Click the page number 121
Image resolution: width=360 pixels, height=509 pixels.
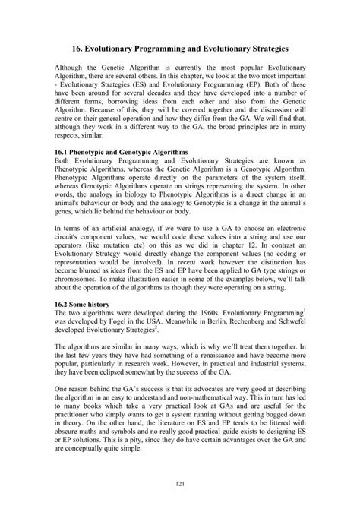(x=180, y=484)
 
